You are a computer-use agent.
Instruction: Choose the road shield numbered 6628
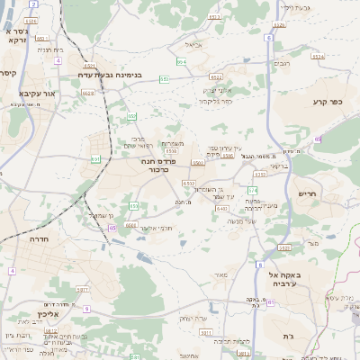87,93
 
